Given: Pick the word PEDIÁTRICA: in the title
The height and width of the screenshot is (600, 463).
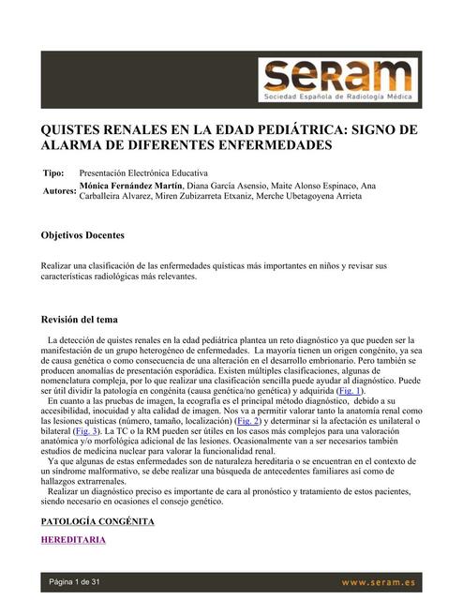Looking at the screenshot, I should coord(291,129).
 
